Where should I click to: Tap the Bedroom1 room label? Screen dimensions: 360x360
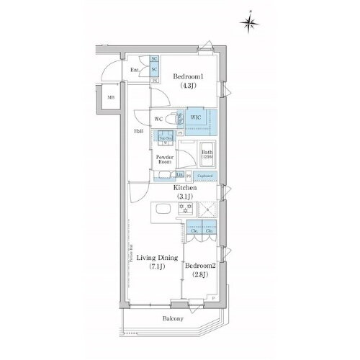188,76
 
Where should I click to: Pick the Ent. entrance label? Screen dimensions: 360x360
135,70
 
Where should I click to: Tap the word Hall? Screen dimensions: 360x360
138,132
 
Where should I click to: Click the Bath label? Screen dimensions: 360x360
207,153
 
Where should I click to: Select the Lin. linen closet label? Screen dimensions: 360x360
179,174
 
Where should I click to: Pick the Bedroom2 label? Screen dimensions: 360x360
199,265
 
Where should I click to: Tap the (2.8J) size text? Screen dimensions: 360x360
199,275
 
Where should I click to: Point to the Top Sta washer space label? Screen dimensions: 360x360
163,140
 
